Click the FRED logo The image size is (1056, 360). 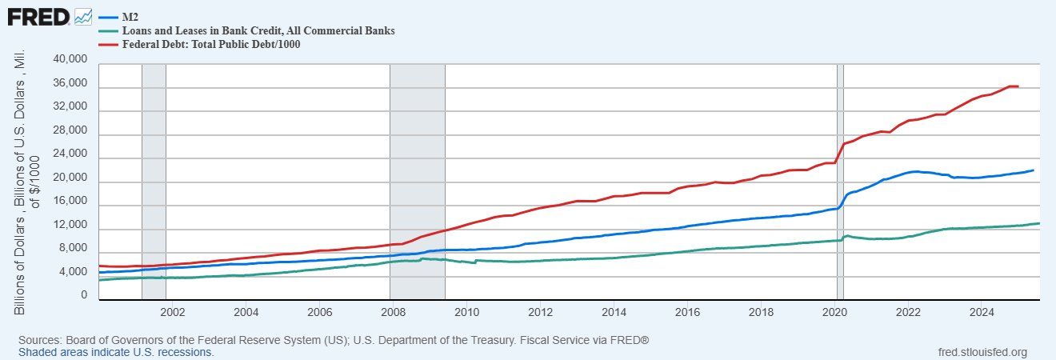point(38,15)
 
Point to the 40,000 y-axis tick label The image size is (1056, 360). point(70,60)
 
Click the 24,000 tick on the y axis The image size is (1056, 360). point(70,154)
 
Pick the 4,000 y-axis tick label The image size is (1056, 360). point(73,273)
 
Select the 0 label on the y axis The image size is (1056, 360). point(82,296)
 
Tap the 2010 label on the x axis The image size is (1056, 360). point(467,312)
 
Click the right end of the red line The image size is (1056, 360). point(1018,86)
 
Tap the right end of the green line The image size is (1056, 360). point(1038,223)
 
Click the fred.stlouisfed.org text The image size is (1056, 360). point(982,352)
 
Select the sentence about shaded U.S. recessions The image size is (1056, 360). point(116,352)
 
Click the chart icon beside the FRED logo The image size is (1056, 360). point(83,15)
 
